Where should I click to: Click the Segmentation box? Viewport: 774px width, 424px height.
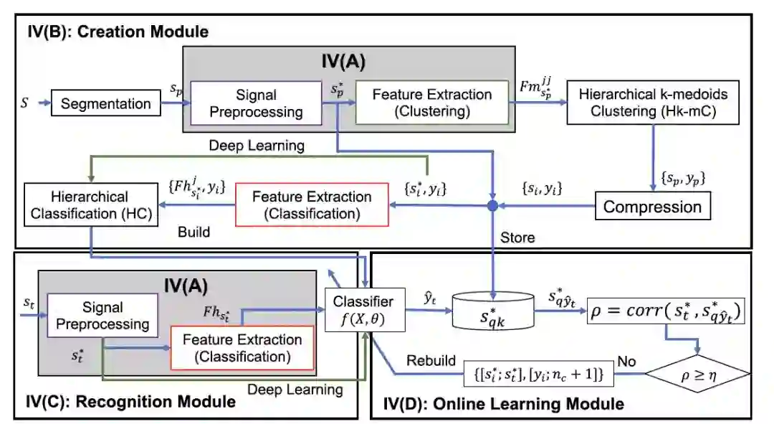click(x=105, y=104)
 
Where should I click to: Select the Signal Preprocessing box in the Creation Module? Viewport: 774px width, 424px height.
click(x=256, y=103)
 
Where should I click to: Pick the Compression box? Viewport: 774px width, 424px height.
click(x=652, y=207)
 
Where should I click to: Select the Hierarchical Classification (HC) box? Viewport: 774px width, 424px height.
click(x=90, y=205)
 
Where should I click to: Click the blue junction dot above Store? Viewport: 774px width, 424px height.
click(x=493, y=207)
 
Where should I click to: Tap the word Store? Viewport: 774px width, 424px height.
click(x=517, y=237)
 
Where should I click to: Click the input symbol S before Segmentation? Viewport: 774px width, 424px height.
click(x=26, y=103)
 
